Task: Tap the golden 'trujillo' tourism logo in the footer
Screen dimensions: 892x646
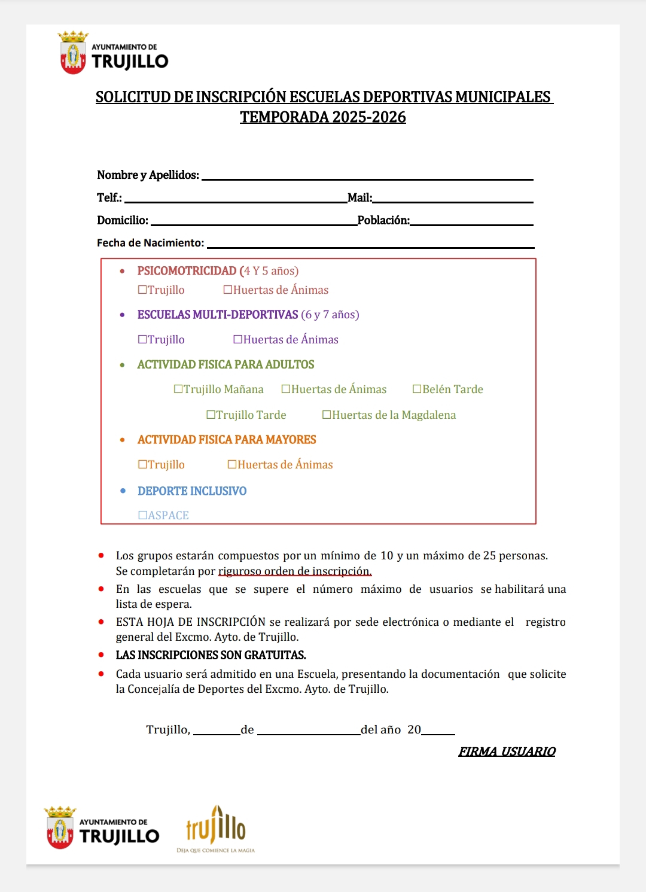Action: (x=216, y=828)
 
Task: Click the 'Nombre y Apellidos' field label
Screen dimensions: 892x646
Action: (x=148, y=175)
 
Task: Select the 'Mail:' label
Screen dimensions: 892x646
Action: (x=359, y=198)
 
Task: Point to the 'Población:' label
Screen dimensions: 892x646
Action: (x=383, y=221)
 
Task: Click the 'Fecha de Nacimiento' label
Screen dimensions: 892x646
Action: (x=150, y=243)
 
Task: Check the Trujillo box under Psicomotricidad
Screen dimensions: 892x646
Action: (x=142, y=290)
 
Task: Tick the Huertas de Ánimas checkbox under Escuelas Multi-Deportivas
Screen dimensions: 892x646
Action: (x=237, y=340)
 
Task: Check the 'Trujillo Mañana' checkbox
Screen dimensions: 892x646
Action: (x=178, y=389)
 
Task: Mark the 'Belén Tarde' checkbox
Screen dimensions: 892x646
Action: (x=417, y=389)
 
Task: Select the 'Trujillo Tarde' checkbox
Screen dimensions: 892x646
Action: (x=211, y=415)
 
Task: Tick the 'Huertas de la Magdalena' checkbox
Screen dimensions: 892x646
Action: (x=327, y=415)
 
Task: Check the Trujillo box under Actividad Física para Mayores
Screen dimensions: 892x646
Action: (x=142, y=465)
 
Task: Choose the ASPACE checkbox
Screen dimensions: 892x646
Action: (x=142, y=516)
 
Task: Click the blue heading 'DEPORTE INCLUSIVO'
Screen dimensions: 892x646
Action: (x=192, y=491)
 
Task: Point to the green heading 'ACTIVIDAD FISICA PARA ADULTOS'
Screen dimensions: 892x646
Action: (x=226, y=365)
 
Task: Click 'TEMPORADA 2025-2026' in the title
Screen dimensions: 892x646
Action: (x=323, y=117)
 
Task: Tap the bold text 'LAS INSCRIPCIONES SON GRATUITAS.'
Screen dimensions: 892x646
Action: (x=211, y=656)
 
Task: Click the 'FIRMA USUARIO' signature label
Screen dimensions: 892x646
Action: (x=507, y=752)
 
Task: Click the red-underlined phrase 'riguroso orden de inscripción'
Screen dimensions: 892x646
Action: (x=294, y=571)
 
